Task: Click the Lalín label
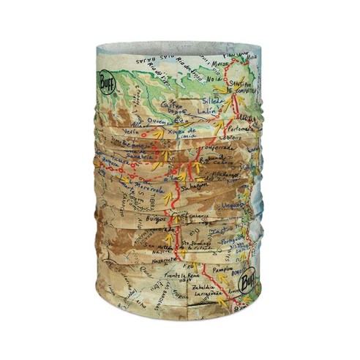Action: (x=208, y=111)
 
